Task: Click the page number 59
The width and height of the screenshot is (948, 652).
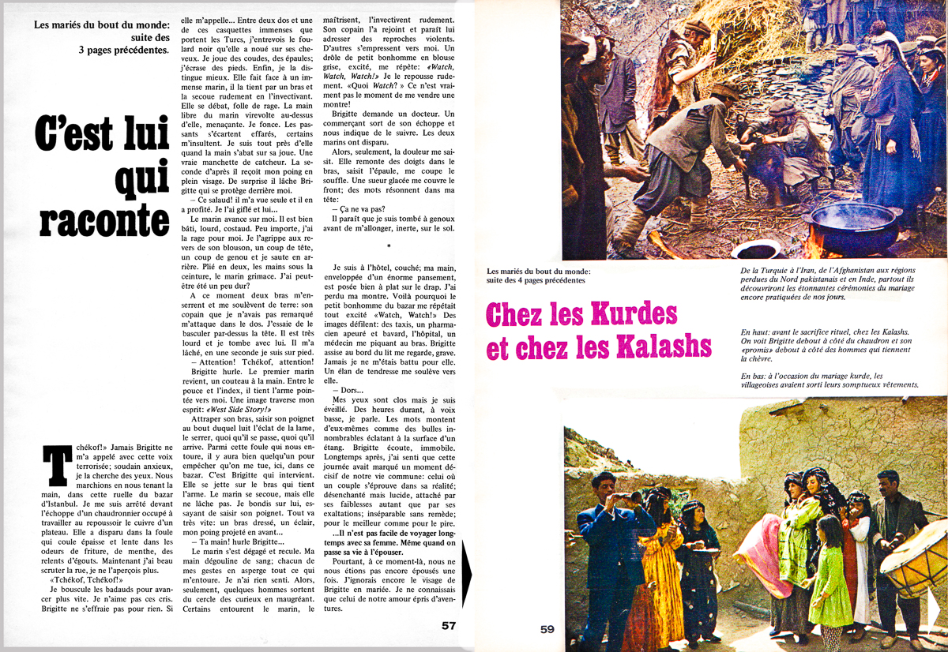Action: click(548, 629)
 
